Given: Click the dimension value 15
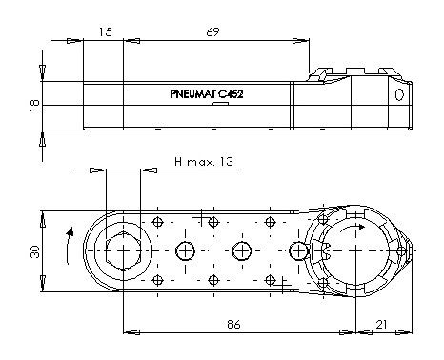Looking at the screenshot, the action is [x=105, y=32].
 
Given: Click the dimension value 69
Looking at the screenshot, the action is [x=212, y=32].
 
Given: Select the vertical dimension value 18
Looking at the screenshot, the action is [x=35, y=106].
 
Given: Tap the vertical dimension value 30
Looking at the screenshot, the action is [x=35, y=251].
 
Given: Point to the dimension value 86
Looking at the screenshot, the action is [x=233, y=325].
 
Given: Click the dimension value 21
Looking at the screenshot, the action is [x=381, y=325].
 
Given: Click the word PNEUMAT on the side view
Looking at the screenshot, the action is [x=193, y=94].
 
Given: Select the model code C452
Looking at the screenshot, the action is [x=231, y=94].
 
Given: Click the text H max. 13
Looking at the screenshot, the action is [x=204, y=162].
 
